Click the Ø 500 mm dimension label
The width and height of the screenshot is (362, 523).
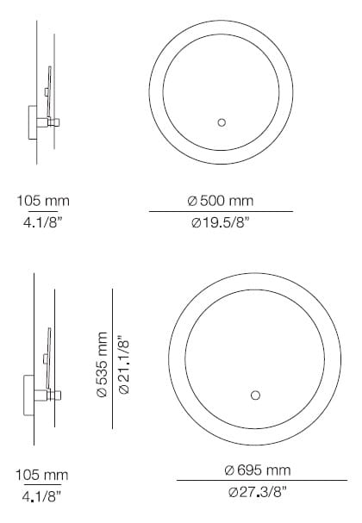(220, 201)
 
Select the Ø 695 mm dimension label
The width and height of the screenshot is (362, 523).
(256, 470)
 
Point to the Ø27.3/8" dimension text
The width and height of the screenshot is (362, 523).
(257, 492)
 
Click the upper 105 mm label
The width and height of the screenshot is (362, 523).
(43, 201)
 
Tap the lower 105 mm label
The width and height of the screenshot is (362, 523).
(43, 475)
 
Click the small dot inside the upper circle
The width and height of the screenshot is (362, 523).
(221, 122)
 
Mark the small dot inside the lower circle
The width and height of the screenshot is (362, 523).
(254, 395)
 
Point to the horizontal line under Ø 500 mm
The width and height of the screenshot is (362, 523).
(220, 211)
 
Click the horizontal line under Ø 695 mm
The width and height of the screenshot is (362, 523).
(256, 481)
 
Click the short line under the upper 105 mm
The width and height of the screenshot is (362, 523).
(44, 210)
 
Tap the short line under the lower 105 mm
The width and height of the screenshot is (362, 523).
(43, 485)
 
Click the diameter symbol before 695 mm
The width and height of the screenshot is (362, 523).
(228, 470)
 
